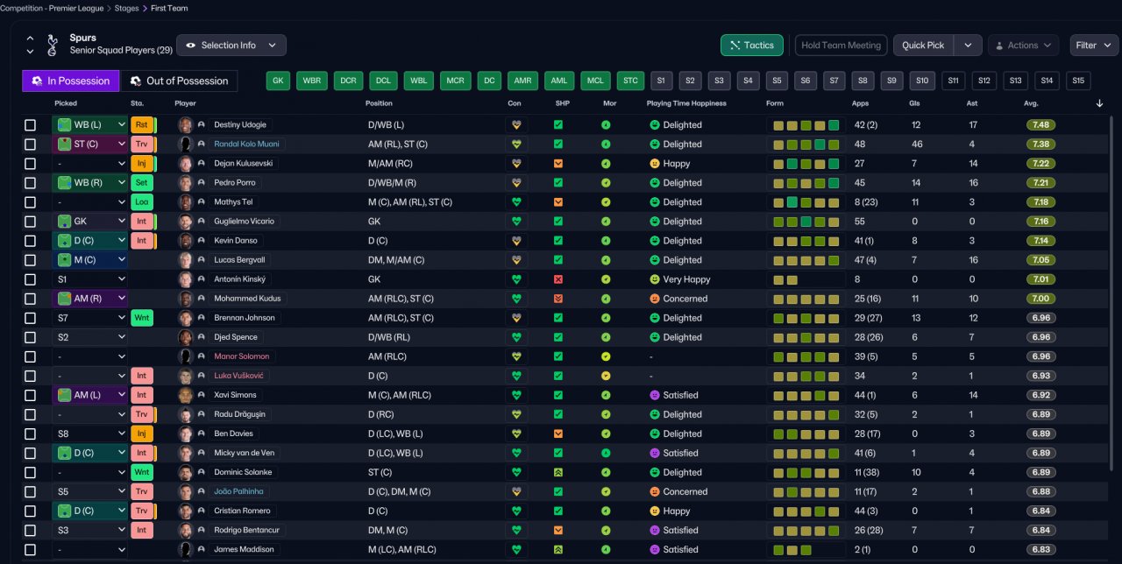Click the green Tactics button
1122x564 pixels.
pos(751,45)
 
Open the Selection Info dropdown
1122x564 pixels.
pos(231,45)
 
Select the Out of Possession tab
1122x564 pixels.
pos(179,81)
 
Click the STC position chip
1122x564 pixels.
pos(630,81)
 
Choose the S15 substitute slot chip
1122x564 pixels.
pos(1078,81)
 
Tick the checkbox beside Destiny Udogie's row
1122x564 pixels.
pos(30,125)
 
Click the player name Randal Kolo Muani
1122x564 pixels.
pos(246,145)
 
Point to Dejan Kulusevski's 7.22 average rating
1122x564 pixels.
pos(1040,164)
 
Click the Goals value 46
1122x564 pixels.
pos(917,145)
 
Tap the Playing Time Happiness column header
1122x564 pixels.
pos(686,103)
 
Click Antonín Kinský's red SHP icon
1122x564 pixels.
pos(558,279)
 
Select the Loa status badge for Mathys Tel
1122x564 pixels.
pos(142,202)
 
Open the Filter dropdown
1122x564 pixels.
pos(1093,45)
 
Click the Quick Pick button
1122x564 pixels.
pos(923,45)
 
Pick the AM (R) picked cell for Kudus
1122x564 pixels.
pos(89,299)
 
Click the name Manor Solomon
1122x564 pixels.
pos(241,356)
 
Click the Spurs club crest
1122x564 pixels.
pos(52,45)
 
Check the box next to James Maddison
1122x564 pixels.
pos(30,549)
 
